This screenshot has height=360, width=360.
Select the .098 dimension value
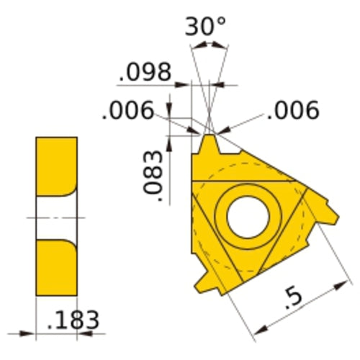click(x=145, y=72)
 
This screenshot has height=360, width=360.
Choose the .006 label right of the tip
click(x=292, y=110)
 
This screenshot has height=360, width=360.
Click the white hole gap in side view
click(x=56, y=217)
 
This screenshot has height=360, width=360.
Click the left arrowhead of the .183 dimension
click(x=31, y=333)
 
